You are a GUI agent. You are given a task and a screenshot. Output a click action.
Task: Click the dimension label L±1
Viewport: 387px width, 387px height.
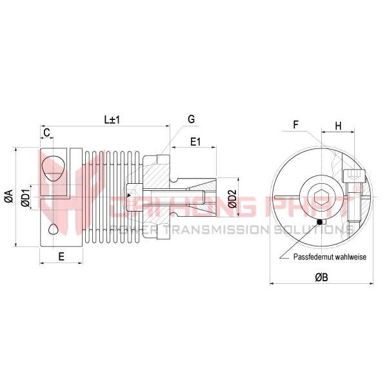point(113,120)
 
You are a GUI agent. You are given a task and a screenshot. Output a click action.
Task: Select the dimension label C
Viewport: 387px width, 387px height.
point(46,132)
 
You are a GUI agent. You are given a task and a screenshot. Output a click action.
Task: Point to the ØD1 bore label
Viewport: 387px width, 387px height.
point(25,197)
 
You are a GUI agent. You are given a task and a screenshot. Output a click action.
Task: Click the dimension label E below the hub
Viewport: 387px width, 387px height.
point(61,256)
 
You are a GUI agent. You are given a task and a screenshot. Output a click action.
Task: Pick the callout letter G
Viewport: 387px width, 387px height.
point(192,119)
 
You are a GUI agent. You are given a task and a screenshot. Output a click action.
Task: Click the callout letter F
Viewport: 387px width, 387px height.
point(295,124)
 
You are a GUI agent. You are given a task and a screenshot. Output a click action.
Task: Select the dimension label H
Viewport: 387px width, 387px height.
point(339,126)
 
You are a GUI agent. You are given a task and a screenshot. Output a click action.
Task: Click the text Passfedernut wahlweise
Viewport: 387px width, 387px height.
point(330,257)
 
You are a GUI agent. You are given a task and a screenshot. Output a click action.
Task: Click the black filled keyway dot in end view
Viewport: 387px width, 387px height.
point(319,223)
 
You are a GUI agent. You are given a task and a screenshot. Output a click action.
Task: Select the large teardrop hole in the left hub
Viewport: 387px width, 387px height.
point(53,168)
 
